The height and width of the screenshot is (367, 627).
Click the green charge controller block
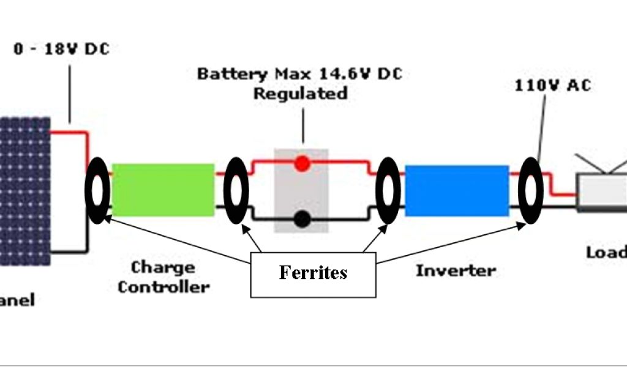pos(163,190)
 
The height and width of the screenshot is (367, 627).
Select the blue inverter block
pos(457,190)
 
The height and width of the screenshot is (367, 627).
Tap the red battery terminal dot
pos(301,163)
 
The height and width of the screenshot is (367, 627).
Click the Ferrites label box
pos(313,273)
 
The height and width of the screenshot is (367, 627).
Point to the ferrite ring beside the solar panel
pos(97,190)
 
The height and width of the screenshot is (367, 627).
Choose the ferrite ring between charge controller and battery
pos(236,190)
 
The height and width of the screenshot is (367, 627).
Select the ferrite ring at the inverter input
pos(388,190)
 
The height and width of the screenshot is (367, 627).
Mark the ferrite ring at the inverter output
pos(530,190)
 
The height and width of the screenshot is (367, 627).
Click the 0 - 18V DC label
pos(61,49)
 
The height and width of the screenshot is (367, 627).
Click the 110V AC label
pos(553,86)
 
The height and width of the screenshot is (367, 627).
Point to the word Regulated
pos(300,94)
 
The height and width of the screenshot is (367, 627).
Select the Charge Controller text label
pos(163,277)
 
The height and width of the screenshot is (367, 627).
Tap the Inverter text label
pos(456,270)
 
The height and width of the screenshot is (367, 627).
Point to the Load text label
pos(606,252)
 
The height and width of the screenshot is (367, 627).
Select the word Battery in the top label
pos(223,74)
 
